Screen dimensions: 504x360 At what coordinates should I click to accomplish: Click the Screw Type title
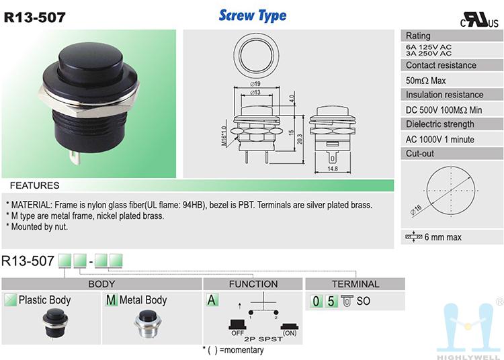point(253,15)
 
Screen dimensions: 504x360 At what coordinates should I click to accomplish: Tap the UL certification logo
point(479,20)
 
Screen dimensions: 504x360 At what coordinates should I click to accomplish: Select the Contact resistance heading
point(441,65)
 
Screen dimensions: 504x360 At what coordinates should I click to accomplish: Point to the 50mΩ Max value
point(425,81)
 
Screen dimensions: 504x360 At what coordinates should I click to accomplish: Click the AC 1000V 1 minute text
point(439,140)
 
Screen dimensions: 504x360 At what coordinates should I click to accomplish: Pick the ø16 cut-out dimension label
point(416,209)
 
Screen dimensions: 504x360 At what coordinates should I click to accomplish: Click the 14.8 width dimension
point(333,169)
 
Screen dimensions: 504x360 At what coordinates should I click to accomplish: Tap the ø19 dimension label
point(255,84)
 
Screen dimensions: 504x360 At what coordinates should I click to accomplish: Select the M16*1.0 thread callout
point(224,136)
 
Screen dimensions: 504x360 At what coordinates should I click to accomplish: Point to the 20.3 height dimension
point(300,139)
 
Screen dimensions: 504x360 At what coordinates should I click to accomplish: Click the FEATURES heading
point(35,185)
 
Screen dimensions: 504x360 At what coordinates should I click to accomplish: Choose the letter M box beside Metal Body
point(111,300)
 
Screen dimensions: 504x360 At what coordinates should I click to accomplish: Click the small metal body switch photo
point(148,324)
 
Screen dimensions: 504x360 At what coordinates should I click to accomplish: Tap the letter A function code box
point(212,300)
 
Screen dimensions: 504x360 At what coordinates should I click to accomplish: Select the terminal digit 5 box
point(331,301)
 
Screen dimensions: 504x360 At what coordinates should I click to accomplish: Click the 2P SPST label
point(263,339)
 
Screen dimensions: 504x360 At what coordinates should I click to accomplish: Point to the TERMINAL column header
point(355,284)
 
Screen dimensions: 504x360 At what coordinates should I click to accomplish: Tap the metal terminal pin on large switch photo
point(75,157)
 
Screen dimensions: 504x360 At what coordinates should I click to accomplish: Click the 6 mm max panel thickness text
point(443,237)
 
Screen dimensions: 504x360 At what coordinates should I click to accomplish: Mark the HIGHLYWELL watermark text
point(468,357)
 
